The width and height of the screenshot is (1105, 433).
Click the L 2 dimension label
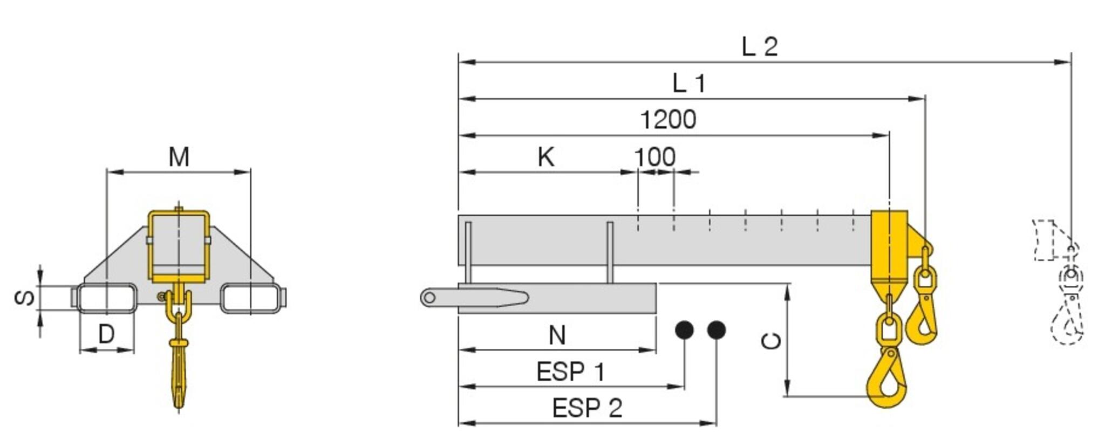[760, 47]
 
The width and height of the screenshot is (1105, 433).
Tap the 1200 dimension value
[668, 120]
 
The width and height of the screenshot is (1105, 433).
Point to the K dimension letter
[546, 157]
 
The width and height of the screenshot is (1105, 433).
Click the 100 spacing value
[654, 157]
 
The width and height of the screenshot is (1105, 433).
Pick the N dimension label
[557, 335]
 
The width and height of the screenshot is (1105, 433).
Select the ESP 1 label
[570, 372]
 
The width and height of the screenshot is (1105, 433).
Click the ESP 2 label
[587, 408]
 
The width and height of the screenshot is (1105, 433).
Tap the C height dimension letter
[772, 341]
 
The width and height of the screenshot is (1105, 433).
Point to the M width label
[179, 157]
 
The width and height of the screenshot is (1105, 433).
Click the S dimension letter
[25, 298]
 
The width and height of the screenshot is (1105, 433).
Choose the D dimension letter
[106, 334]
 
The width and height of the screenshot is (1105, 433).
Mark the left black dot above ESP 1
[684, 330]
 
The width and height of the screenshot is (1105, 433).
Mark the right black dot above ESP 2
[716, 330]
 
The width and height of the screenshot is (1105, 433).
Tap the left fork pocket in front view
[107, 298]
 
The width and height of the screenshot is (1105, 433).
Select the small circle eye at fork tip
[429, 297]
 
